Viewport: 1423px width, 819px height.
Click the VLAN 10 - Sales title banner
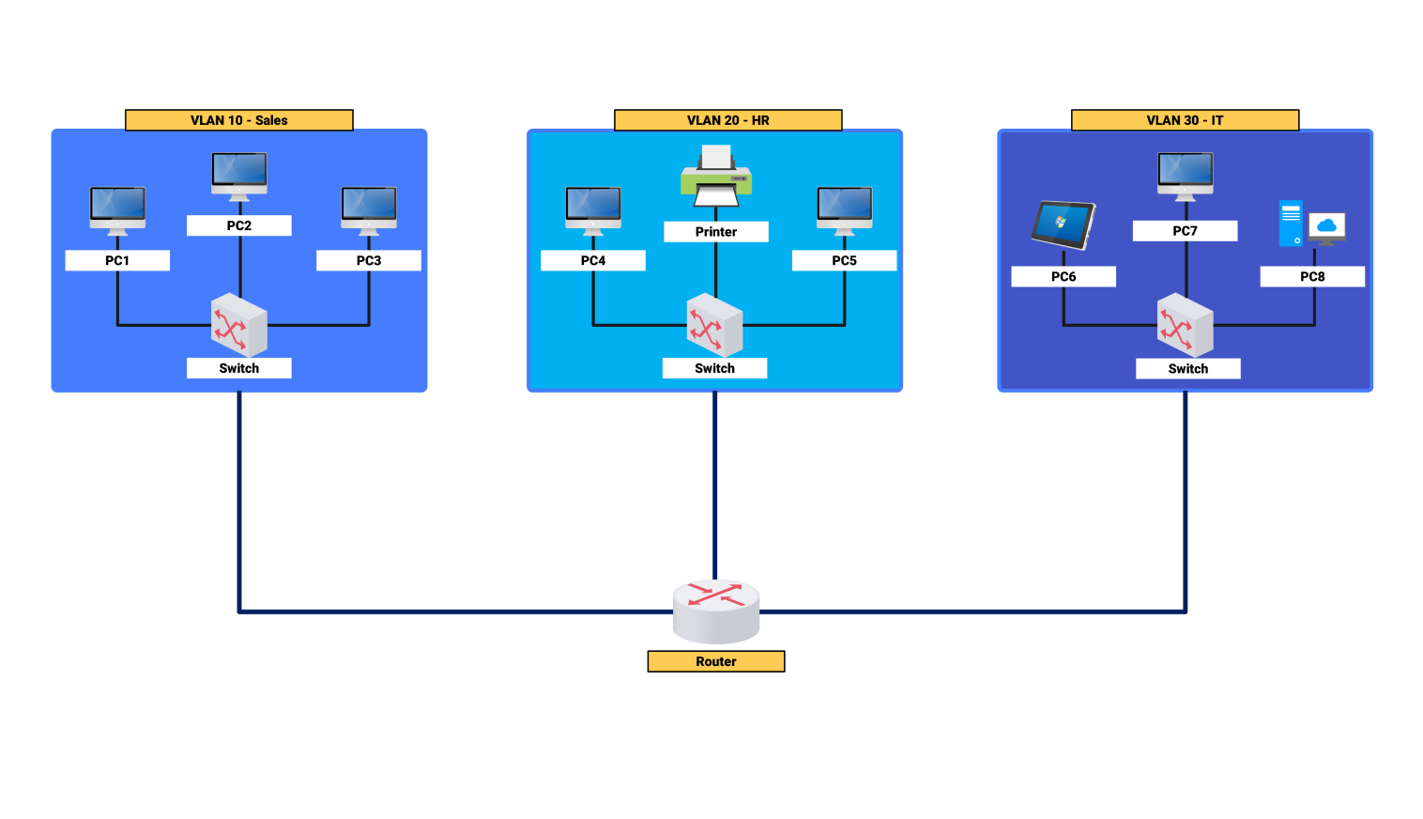point(239,120)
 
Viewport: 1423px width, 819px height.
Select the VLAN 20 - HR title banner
point(727,120)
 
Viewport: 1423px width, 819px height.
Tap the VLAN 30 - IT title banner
point(1185,120)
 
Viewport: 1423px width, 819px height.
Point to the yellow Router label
point(715,661)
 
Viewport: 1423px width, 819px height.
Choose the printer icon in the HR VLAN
point(716,177)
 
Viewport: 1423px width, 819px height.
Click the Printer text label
point(716,232)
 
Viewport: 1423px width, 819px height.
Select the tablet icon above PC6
point(1063,225)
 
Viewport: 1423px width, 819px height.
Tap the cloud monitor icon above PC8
point(1326,227)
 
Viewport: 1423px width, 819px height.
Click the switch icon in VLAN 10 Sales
point(239,325)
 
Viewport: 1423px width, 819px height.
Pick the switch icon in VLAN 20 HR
point(714,325)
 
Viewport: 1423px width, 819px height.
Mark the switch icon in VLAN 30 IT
point(1185,325)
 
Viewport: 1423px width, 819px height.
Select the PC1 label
point(117,260)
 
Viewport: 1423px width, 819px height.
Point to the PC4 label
point(593,260)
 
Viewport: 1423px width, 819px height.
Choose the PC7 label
point(1185,231)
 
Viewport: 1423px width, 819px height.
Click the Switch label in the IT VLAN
point(1187,369)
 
